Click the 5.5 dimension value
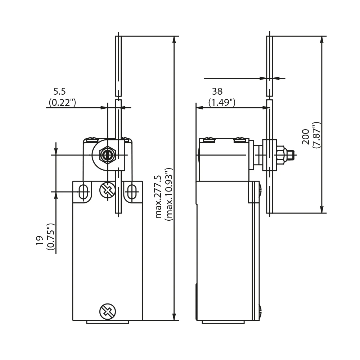coord(59,91)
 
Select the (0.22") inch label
coord(62,102)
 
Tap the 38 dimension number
coord(217,91)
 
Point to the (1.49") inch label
coord(222,102)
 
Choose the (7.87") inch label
coord(316,135)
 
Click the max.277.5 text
coord(158,197)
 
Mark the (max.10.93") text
coord(169,194)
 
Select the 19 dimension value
coord(40,240)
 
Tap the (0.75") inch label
coord(51,237)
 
